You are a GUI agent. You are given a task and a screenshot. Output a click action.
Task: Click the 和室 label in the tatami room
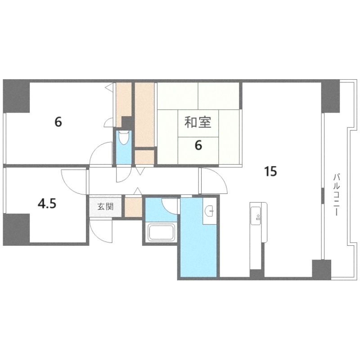[x=198, y=122]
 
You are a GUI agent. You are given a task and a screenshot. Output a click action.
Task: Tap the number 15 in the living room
[x=271, y=171]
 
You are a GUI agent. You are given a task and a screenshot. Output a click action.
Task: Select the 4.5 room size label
[x=47, y=204]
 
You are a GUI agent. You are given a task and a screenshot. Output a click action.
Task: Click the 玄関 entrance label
[x=105, y=207]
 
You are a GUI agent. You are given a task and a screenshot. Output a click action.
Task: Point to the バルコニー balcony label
[x=337, y=195]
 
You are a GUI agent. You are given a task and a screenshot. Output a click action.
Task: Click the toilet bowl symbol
[x=124, y=138]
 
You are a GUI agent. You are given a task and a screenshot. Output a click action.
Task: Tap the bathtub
[x=161, y=232]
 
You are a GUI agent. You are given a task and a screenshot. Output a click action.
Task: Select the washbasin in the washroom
[x=209, y=211]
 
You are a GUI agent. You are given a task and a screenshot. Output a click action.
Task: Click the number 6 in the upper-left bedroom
[x=58, y=122]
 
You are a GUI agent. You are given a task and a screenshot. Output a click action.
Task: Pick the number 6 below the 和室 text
[x=198, y=145]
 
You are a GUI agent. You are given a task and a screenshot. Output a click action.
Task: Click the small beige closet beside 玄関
[x=133, y=207]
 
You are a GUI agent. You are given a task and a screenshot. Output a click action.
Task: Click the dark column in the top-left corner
[x=16, y=96]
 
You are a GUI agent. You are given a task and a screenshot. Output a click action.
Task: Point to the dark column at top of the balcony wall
[x=330, y=96]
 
